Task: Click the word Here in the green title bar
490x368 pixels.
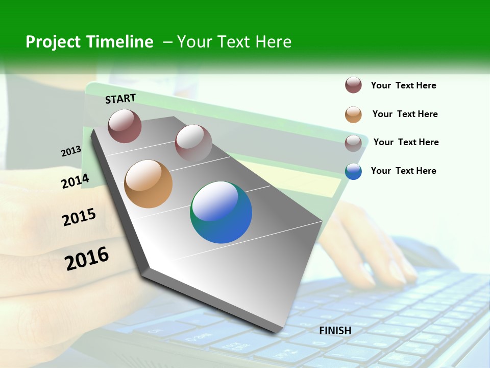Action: click(x=273, y=42)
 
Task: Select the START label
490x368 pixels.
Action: click(x=120, y=99)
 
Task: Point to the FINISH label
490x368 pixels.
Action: click(x=335, y=331)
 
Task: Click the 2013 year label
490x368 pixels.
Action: click(x=71, y=151)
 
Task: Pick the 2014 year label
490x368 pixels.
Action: click(x=76, y=181)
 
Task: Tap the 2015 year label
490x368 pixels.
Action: click(x=79, y=217)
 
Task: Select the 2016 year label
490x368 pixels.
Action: click(x=87, y=259)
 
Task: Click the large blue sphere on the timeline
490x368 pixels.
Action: click(x=221, y=212)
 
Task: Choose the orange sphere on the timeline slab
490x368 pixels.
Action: click(x=148, y=183)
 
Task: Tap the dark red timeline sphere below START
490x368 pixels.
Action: click(x=125, y=126)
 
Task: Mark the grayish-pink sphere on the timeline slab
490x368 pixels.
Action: click(x=193, y=143)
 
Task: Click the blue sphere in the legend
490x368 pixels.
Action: click(x=353, y=171)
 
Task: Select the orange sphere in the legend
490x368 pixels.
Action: click(x=353, y=114)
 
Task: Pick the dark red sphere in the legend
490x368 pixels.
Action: click(x=353, y=85)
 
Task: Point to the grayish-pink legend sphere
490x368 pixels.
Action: click(x=353, y=143)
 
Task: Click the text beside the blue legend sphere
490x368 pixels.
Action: click(x=404, y=171)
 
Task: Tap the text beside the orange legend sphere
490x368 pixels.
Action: click(x=405, y=114)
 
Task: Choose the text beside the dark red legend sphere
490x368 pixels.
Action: click(x=404, y=85)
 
